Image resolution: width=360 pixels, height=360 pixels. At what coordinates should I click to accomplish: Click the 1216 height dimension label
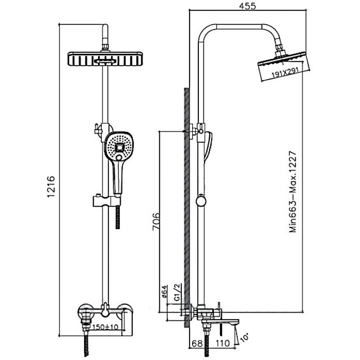click(x=51, y=186)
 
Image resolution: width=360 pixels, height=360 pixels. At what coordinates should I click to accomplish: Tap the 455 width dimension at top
click(x=247, y=6)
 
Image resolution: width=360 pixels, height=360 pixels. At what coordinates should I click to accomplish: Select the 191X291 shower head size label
click(x=285, y=72)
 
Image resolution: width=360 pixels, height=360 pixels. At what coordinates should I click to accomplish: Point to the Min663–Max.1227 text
click(x=293, y=192)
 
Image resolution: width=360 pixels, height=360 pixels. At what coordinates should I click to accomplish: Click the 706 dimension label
click(x=156, y=221)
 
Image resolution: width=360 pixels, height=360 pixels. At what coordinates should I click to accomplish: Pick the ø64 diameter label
click(x=164, y=292)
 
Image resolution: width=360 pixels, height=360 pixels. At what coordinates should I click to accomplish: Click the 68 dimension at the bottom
click(x=197, y=343)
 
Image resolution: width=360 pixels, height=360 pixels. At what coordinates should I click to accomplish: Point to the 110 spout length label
click(x=222, y=343)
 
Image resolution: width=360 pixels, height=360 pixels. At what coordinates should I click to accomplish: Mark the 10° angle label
click(x=244, y=337)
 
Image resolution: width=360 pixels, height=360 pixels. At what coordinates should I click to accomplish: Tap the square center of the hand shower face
click(x=119, y=147)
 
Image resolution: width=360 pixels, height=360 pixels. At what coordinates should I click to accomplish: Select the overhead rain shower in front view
click(x=106, y=59)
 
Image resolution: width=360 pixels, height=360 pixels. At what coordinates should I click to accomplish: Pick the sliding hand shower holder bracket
click(x=106, y=201)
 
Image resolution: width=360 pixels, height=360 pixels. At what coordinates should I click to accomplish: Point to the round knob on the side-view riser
click(x=201, y=201)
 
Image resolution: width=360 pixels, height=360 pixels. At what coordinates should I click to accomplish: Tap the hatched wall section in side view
click(x=187, y=207)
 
